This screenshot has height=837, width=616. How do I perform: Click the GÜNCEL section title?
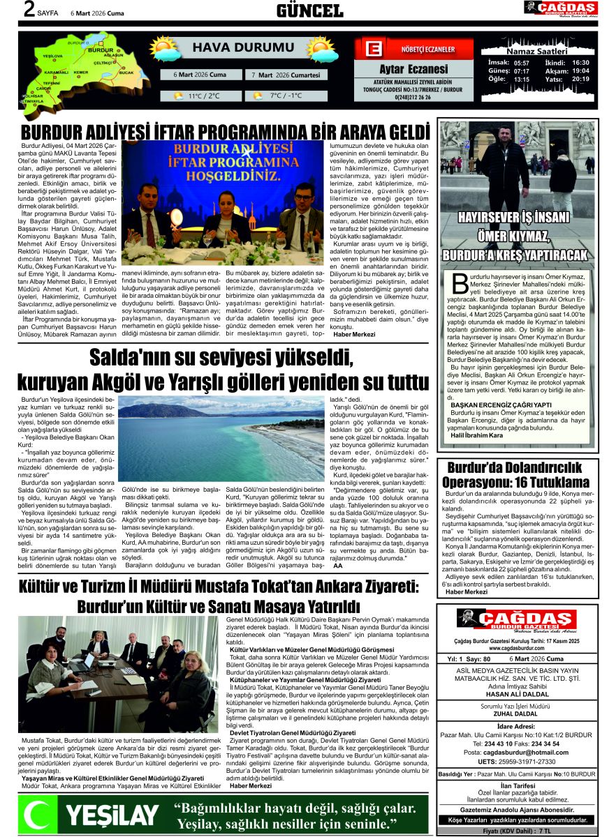(x=309, y=10)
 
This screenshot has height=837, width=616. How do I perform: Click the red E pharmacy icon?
(x=374, y=50)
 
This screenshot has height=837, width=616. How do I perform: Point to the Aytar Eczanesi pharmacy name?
(x=413, y=69)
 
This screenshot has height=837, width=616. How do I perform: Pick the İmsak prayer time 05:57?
(x=521, y=63)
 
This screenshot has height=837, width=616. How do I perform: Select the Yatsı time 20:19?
(x=580, y=79)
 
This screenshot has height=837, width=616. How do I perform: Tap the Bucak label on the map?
(x=126, y=73)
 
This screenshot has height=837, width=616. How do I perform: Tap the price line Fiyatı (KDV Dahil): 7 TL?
(x=516, y=831)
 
